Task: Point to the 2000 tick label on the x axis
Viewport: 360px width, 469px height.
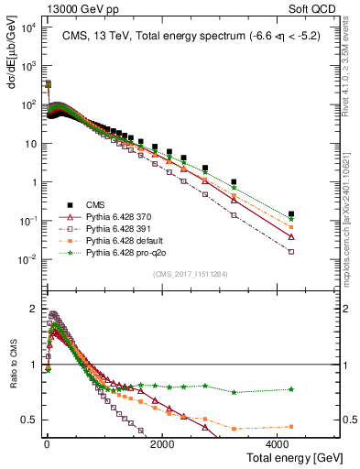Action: click(163, 443)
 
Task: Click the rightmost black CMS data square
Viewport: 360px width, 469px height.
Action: click(291, 213)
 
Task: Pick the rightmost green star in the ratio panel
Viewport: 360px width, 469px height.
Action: click(291, 389)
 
